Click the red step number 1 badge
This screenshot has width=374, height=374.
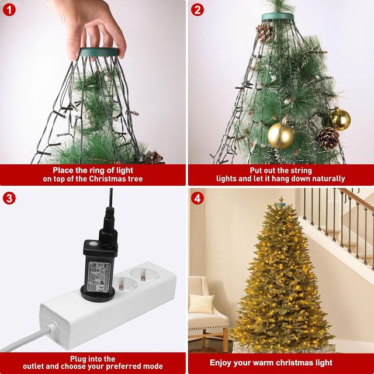click(x=9, y=9)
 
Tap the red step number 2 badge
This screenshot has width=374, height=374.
click(x=198, y=9)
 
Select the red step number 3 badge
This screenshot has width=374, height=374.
click(x=9, y=198)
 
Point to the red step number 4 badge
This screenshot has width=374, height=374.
click(x=198, y=198)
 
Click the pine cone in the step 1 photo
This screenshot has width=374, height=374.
click(x=153, y=157)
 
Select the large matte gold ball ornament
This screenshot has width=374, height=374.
click(x=280, y=135)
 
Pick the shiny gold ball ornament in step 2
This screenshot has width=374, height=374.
click(x=340, y=119)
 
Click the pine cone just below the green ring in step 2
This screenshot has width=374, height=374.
click(x=265, y=33)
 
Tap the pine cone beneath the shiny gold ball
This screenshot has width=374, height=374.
click(x=328, y=138)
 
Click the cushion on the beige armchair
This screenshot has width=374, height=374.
click(x=201, y=303)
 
